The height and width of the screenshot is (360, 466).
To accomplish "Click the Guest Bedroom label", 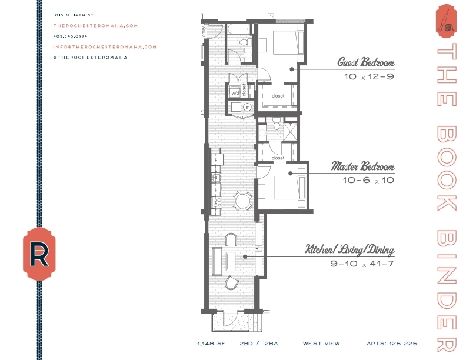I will click(365, 62).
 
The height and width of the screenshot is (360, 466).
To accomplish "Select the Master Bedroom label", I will click(362, 166).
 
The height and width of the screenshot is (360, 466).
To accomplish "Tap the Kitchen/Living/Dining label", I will click(349, 249).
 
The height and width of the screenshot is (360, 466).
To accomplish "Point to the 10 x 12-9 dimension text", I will click(368, 76).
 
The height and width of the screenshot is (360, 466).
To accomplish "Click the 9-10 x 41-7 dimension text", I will click(362, 264).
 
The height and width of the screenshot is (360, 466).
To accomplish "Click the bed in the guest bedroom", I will click(287, 42).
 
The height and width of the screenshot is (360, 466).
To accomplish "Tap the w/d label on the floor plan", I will click(235, 93).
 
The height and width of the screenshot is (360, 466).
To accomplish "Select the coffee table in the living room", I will click(231, 260).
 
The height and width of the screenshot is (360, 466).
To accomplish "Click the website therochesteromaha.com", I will click(95, 25).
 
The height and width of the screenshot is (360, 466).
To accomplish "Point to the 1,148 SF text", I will click(210, 343).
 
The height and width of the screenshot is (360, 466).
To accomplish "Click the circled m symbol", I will click(247, 107).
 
